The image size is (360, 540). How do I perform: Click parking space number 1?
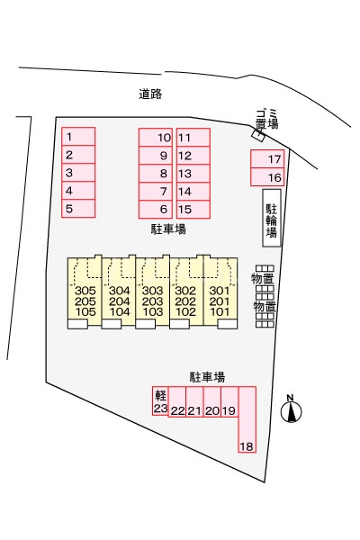coord(78,137)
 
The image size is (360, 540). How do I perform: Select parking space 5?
coord(78,209)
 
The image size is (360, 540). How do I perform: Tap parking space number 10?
coord(156,138)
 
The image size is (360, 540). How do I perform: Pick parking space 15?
coord(193,209)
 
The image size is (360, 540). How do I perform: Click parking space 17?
coord(267,159)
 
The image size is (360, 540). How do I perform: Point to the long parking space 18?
coord(247,419)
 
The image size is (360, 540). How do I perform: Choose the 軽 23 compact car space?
coord(160,400)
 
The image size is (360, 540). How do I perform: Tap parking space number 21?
coord(194,401)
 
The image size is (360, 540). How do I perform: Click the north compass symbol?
coord(291,409)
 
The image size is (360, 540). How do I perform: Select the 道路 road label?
coord(150,94)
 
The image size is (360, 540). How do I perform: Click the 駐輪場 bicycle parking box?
coord(272,218)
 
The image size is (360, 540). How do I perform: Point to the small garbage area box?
coord(258,135)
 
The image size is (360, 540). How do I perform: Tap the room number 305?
coord(85,291)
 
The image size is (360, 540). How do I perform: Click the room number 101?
coord(220,312)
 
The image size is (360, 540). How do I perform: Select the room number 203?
coord(153,301)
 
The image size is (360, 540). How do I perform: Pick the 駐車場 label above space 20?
coord(207,377)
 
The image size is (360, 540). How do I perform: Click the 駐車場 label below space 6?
coord(168,229)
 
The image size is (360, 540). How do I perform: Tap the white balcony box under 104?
coord(112,324)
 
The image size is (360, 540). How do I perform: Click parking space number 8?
coord(156,174)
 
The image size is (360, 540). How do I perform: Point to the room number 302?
coord(185,291)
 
